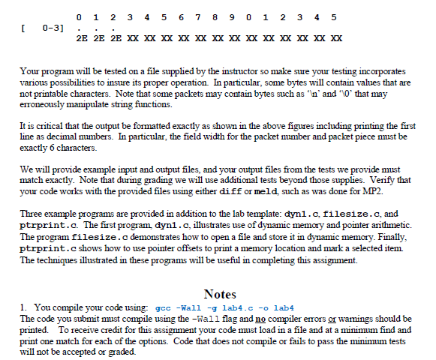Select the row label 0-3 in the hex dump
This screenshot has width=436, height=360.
[54, 28]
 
